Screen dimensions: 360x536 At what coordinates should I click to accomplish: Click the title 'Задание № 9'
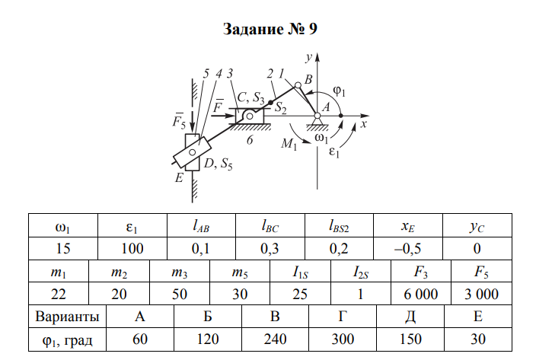tap(269, 30)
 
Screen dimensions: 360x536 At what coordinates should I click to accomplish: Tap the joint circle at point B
tap(298, 86)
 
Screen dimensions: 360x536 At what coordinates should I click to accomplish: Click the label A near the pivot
tap(325, 108)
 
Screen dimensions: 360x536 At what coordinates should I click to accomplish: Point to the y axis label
tap(309, 56)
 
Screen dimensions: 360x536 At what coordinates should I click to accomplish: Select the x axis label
tap(365, 123)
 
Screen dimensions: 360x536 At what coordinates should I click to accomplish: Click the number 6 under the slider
tap(249, 139)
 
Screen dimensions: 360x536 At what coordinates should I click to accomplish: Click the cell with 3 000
tap(481, 294)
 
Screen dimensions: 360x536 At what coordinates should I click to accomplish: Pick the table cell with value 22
tap(59, 294)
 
